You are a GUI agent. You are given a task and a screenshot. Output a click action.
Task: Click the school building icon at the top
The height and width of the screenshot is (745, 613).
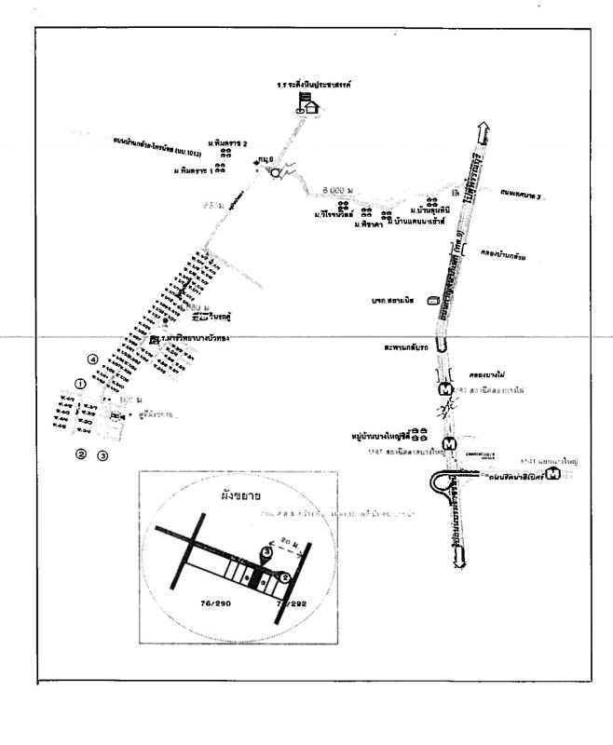coord(309,102)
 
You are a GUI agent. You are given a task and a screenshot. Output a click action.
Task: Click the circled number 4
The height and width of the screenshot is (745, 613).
coord(92,359)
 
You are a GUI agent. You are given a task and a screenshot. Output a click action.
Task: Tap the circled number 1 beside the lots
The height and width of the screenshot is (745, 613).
coord(80,383)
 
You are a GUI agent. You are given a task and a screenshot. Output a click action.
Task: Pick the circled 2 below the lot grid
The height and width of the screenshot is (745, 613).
coord(81,454)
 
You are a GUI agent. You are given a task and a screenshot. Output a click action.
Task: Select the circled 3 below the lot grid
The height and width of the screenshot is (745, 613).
coord(103,455)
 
